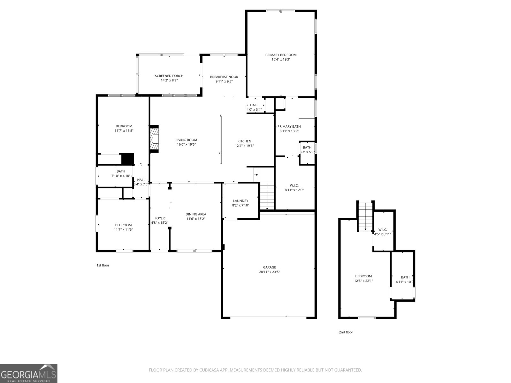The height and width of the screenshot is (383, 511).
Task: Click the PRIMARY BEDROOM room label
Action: click(x=281, y=55)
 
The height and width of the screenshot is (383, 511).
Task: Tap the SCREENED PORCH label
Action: click(x=169, y=76)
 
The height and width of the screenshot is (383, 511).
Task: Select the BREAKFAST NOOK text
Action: click(x=224, y=77)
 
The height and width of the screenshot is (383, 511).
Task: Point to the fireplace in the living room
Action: click(x=154, y=139)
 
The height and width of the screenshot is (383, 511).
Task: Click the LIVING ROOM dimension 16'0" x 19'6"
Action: click(x=186, y=144)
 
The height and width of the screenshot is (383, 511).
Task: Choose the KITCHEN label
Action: click(x=244, y=141)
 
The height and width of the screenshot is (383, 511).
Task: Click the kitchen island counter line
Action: click(x=221, y=140)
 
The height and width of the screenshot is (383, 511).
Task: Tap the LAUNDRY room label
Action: click(x=240, y=201)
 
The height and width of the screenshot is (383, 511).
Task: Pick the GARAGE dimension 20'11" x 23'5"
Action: click(x=269, y=272)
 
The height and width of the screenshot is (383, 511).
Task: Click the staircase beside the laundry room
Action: click(x=267, y=196)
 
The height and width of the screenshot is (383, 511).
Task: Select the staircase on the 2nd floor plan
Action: click(x=365, y=216)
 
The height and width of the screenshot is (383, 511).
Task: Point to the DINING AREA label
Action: click(x=196, y=214)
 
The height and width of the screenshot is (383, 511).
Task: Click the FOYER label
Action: click(x=159, y=218)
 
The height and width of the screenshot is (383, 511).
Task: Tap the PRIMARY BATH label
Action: click(x=289, y=126)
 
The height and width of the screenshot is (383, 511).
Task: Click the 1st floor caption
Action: click(x=103, y=265)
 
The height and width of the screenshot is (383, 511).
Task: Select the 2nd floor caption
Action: click(x=346, y=332)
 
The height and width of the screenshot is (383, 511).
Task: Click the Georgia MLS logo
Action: click(x=29, y=373)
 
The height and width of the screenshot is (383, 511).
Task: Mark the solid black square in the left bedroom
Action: click(x=127, y=159)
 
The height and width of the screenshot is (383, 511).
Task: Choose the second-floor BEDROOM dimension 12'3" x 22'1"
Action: click(x=363, y=281)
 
